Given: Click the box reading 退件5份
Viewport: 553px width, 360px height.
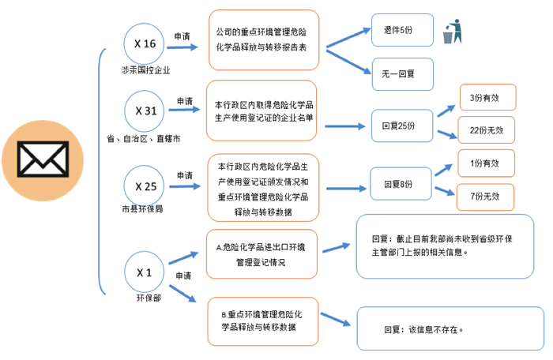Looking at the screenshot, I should pos(399,30).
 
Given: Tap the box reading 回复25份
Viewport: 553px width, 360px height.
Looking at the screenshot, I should pos(399,125).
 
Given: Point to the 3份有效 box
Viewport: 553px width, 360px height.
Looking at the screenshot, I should pos(486,97).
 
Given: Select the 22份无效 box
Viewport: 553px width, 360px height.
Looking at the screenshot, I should pos(486,129).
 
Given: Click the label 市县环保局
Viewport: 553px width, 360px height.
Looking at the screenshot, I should pos(143,211).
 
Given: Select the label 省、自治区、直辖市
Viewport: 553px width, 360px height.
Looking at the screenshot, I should pos(144,139).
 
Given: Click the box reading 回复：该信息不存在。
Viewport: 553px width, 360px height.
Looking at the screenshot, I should pos(450,329).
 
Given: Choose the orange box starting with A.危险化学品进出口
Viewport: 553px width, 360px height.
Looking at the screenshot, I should pos(262,254).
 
